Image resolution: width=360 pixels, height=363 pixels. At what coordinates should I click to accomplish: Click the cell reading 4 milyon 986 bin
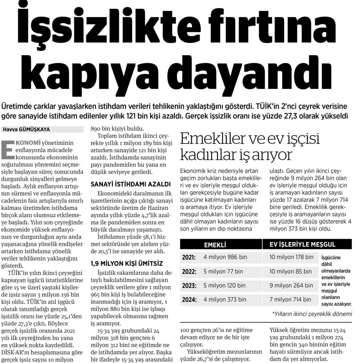point(225,257)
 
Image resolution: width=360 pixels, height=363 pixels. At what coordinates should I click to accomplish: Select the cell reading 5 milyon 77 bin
point(223,272)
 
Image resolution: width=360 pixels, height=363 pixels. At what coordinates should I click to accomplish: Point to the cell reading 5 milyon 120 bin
point(225,285)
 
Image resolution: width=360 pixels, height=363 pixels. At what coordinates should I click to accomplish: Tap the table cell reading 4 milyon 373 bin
point(225,300)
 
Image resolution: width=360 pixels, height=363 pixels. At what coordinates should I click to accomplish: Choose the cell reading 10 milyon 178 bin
point(292,257)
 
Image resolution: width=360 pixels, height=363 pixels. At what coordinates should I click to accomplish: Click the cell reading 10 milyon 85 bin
point(290,272)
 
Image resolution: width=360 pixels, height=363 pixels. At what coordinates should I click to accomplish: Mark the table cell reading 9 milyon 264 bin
point(291,285)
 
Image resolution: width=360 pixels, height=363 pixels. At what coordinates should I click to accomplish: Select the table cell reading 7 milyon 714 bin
point(290,300)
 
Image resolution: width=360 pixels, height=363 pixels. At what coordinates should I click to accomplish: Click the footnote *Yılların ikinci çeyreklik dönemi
point(312,314)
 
